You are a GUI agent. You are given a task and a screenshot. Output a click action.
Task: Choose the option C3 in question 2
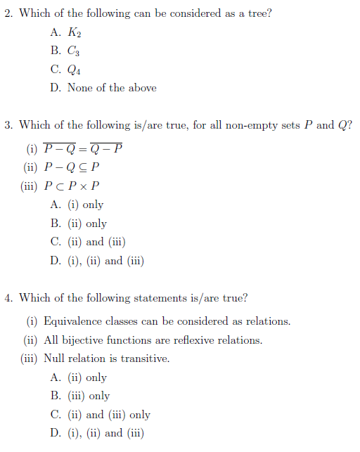click(x=75, y=51)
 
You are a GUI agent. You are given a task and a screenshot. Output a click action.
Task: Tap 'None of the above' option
click(x=112, y=88)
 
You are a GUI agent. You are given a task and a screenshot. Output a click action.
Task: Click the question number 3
click(x=8, y=126)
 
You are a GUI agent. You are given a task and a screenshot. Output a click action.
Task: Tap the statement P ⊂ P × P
click(x=72, y=186)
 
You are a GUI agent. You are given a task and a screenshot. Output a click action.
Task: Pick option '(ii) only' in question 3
click(x=86, y=224)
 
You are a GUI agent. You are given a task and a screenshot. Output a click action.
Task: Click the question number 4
click(x=8, y=298)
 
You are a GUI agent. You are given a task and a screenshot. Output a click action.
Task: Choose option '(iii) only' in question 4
click(x=89, y=396)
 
